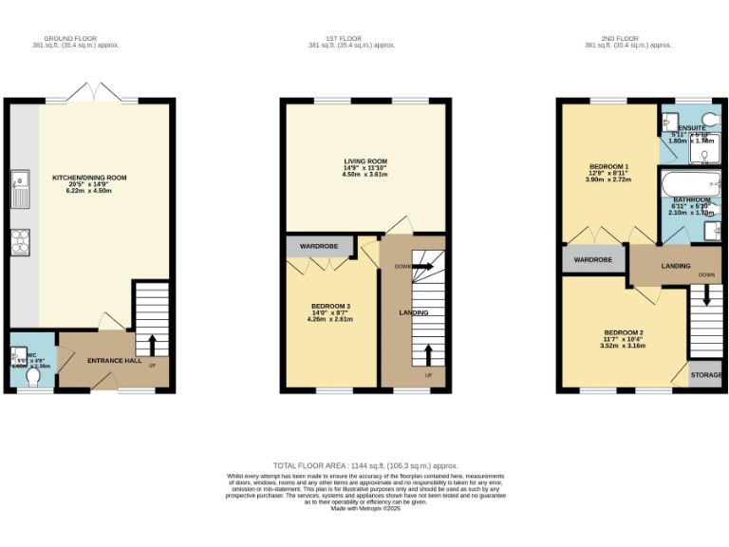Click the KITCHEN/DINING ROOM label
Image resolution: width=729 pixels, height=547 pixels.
pyautogui.click(x=89, y=178)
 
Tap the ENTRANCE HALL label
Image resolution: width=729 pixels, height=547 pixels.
pyautogui.click(x=114, y=361)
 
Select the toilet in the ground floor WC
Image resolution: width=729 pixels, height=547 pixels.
pyautogui.click(x=34, y=377)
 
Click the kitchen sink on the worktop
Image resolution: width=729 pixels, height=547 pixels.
pyautogui.click(x=19, y=185)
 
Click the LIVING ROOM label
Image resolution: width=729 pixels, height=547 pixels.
pyautogui.click(x=364, y=161)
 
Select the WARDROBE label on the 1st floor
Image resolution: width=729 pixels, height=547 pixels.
pyautogui.click(x=319, y=246)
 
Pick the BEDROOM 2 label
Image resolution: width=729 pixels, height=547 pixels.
pyautogui.click(x=624, y=332)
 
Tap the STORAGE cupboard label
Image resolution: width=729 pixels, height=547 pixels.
pyautogui.click(x=706, y=375)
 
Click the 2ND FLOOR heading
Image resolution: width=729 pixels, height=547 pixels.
pyautogui.click(x=628, y=39)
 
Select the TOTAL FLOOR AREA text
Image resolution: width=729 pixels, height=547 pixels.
pyautogui.click(x=365, y=465)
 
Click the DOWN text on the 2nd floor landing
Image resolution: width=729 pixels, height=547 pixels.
pyautogui.click(x=706, y=275)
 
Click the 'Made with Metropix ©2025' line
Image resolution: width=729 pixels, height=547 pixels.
pyautogui.click(x=365, y=508)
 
